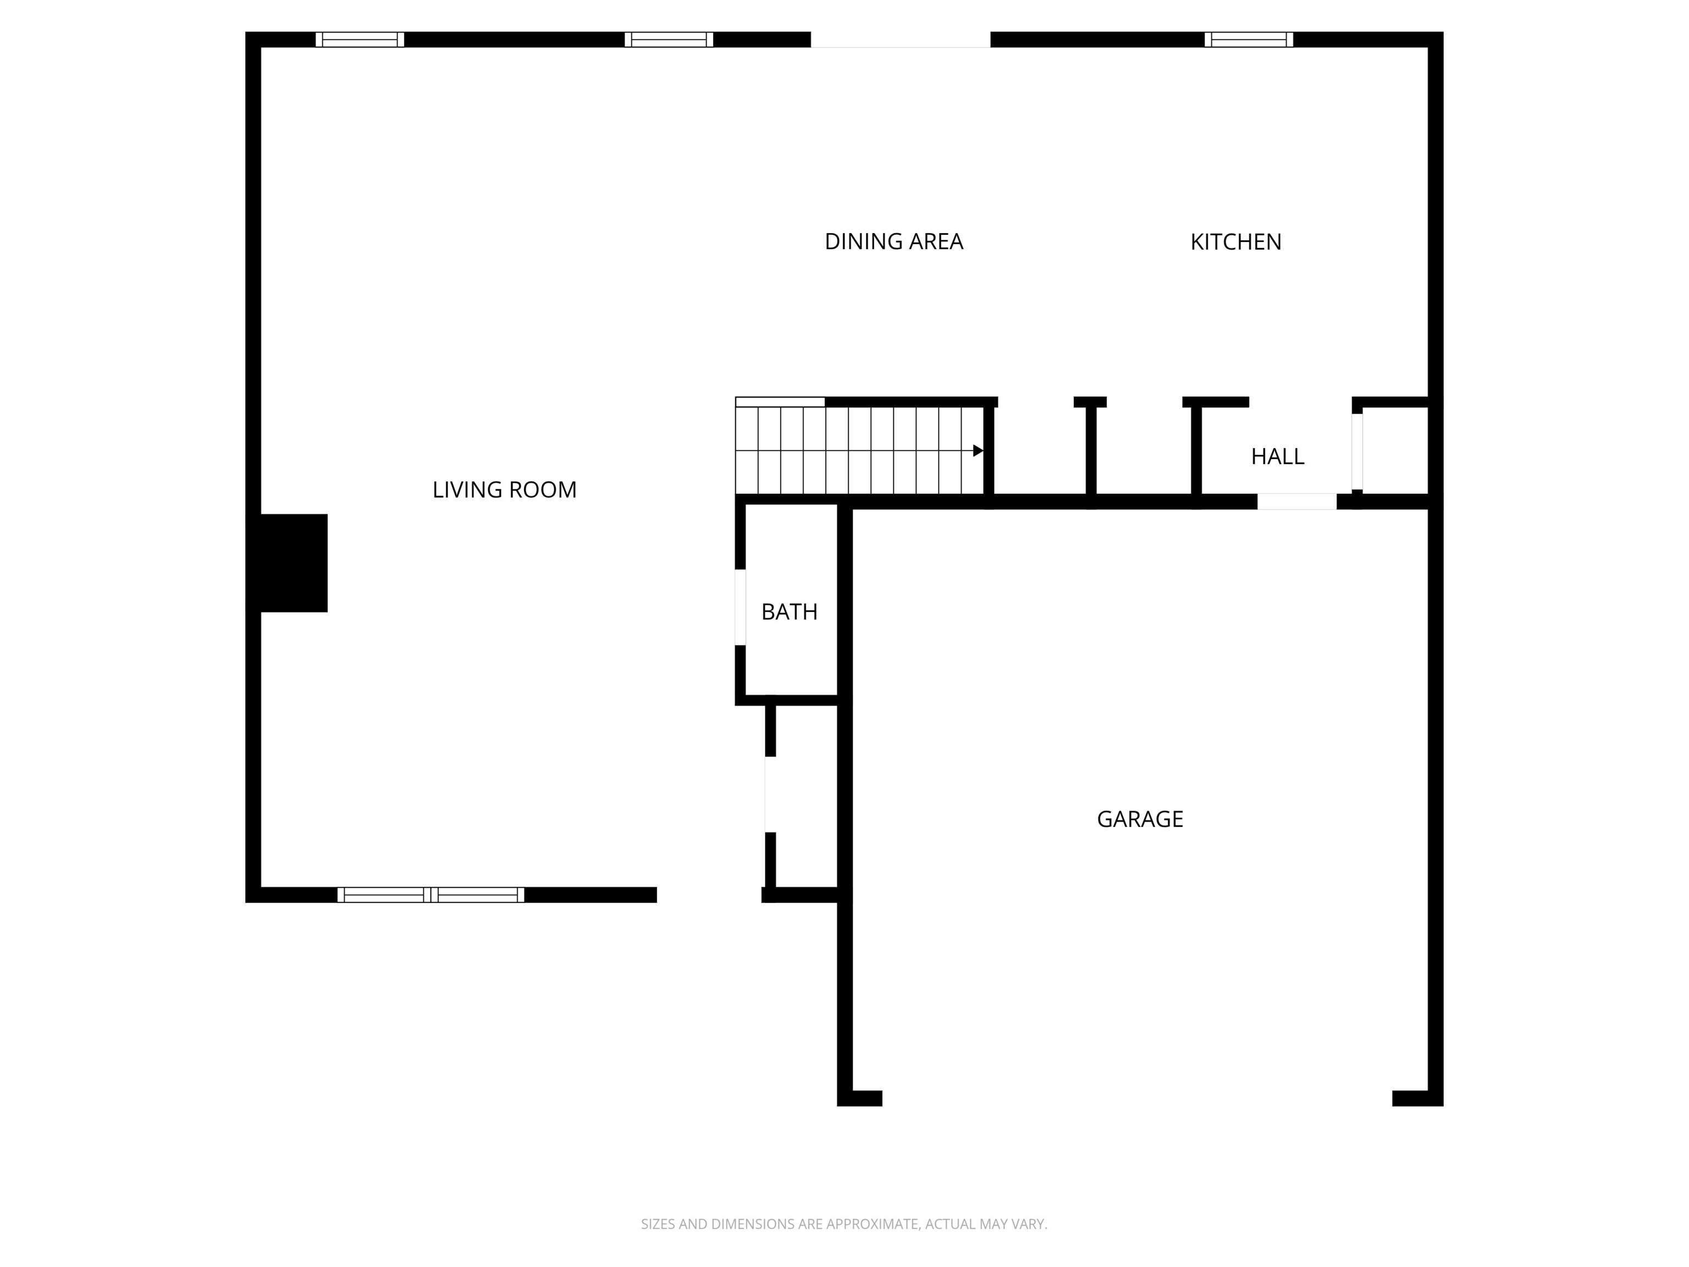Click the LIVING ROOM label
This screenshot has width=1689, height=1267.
(504, 489)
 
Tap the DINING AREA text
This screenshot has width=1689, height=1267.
(893, 241)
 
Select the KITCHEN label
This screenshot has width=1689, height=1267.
(1235, 242)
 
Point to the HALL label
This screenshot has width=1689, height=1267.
(1277, 456)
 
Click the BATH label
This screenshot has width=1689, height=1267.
(790, 612)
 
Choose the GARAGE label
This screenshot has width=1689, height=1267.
(1140, 819)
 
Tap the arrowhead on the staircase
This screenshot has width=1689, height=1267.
(978, 450)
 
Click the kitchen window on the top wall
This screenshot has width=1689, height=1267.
(1249, 40)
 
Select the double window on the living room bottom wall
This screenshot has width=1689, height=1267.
(430, 895)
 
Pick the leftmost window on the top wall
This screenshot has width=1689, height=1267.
(360, 40)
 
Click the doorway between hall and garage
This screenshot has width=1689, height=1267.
(1296, 502)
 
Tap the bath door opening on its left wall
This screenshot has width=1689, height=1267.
(740, 607)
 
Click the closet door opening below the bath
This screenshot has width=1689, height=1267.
(770, 794)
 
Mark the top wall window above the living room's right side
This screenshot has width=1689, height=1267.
(669, 40)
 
